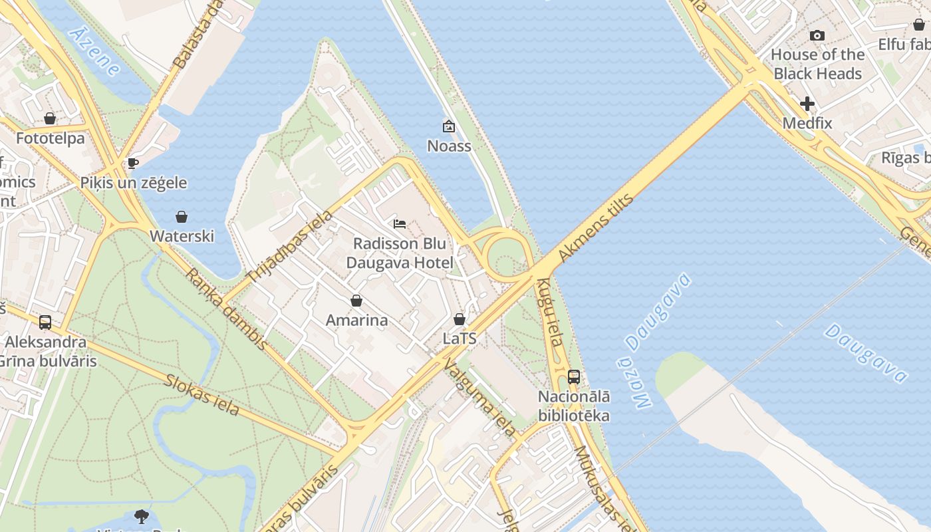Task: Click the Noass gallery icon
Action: (449, 126)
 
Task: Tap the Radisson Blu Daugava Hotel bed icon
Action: (400, 223)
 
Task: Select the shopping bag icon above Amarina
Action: (356, 301)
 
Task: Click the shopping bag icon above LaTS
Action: (460, 319)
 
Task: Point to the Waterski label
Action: (182, 236)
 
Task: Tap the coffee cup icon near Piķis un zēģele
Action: (133, 163)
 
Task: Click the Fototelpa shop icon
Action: (50, 118)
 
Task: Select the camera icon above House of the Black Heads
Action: (817, 35)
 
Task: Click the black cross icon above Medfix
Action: (807, 104)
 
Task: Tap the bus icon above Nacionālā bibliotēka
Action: (574, 377)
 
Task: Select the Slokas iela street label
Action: (201, 394)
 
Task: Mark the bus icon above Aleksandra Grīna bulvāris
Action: (45, 323)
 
